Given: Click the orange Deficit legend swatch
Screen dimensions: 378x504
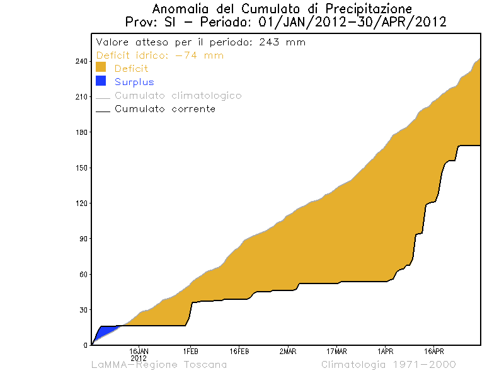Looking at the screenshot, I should tap(101, 67).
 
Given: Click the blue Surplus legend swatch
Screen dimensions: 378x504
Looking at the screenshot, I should tap(101, 81).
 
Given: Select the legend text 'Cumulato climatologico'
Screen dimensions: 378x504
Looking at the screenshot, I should tap(178, 96).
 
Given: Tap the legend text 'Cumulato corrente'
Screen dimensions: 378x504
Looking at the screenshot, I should tap(165, 109).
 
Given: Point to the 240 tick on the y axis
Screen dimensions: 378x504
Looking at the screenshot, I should tap(81, 62).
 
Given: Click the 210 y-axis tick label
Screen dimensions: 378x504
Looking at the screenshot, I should tap(81, 97).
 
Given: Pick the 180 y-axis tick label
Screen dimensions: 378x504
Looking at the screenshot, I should tap(81, 132).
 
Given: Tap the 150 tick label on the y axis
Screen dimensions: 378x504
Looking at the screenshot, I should tap(81, 168).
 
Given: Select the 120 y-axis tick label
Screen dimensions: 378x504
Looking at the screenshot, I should tap(81, 203).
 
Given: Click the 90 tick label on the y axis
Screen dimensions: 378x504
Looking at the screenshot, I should tap(83, 239).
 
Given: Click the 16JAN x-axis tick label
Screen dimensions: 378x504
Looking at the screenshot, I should tap(139, 351).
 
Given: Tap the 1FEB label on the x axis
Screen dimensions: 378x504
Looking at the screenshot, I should tap(190, 351).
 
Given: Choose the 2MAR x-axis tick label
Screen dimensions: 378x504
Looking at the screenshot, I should tap(288, 351).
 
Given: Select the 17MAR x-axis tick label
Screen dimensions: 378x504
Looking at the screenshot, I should tap(336, 351).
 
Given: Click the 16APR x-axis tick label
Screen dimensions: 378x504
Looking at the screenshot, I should tap(434, 351).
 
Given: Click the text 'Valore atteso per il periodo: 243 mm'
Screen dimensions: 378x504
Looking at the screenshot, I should tap(200, 42).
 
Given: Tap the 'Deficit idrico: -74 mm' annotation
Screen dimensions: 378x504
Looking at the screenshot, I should tap(160, 55).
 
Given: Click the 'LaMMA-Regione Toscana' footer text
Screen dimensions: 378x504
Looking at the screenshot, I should tap(159, 365).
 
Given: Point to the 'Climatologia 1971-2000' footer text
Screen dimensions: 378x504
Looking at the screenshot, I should tap(389, 365).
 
